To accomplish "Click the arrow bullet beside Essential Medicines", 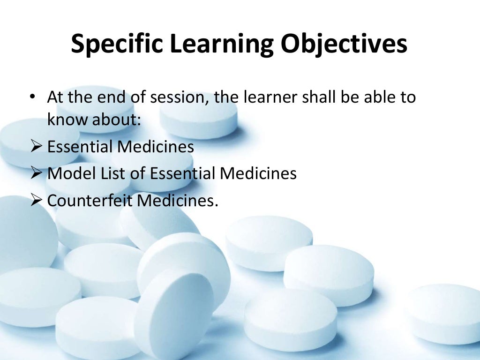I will [x=37, y=147].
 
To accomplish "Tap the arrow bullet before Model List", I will [x=37, y=174].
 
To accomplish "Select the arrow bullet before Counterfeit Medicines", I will [x=37, y=201].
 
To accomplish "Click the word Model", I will [x=71, y=174].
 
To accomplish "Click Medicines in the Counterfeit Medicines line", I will [x=180, y=201].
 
